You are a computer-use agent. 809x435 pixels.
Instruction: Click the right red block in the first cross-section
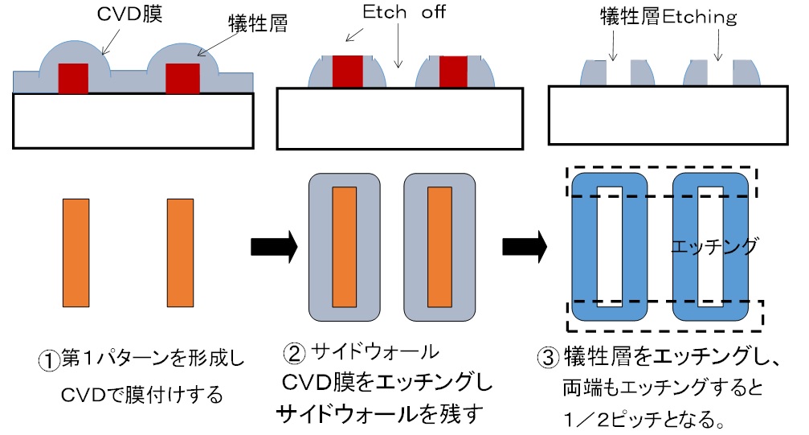pos(181,78)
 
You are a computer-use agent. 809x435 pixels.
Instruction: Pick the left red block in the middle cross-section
pos(347,71)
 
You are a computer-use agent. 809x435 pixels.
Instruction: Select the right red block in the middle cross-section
pos(455,71)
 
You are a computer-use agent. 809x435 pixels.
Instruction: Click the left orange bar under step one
pos(76,252)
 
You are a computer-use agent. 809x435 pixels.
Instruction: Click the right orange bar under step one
pos(180,252)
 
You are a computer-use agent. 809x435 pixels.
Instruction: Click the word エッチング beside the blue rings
pos(714,247)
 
